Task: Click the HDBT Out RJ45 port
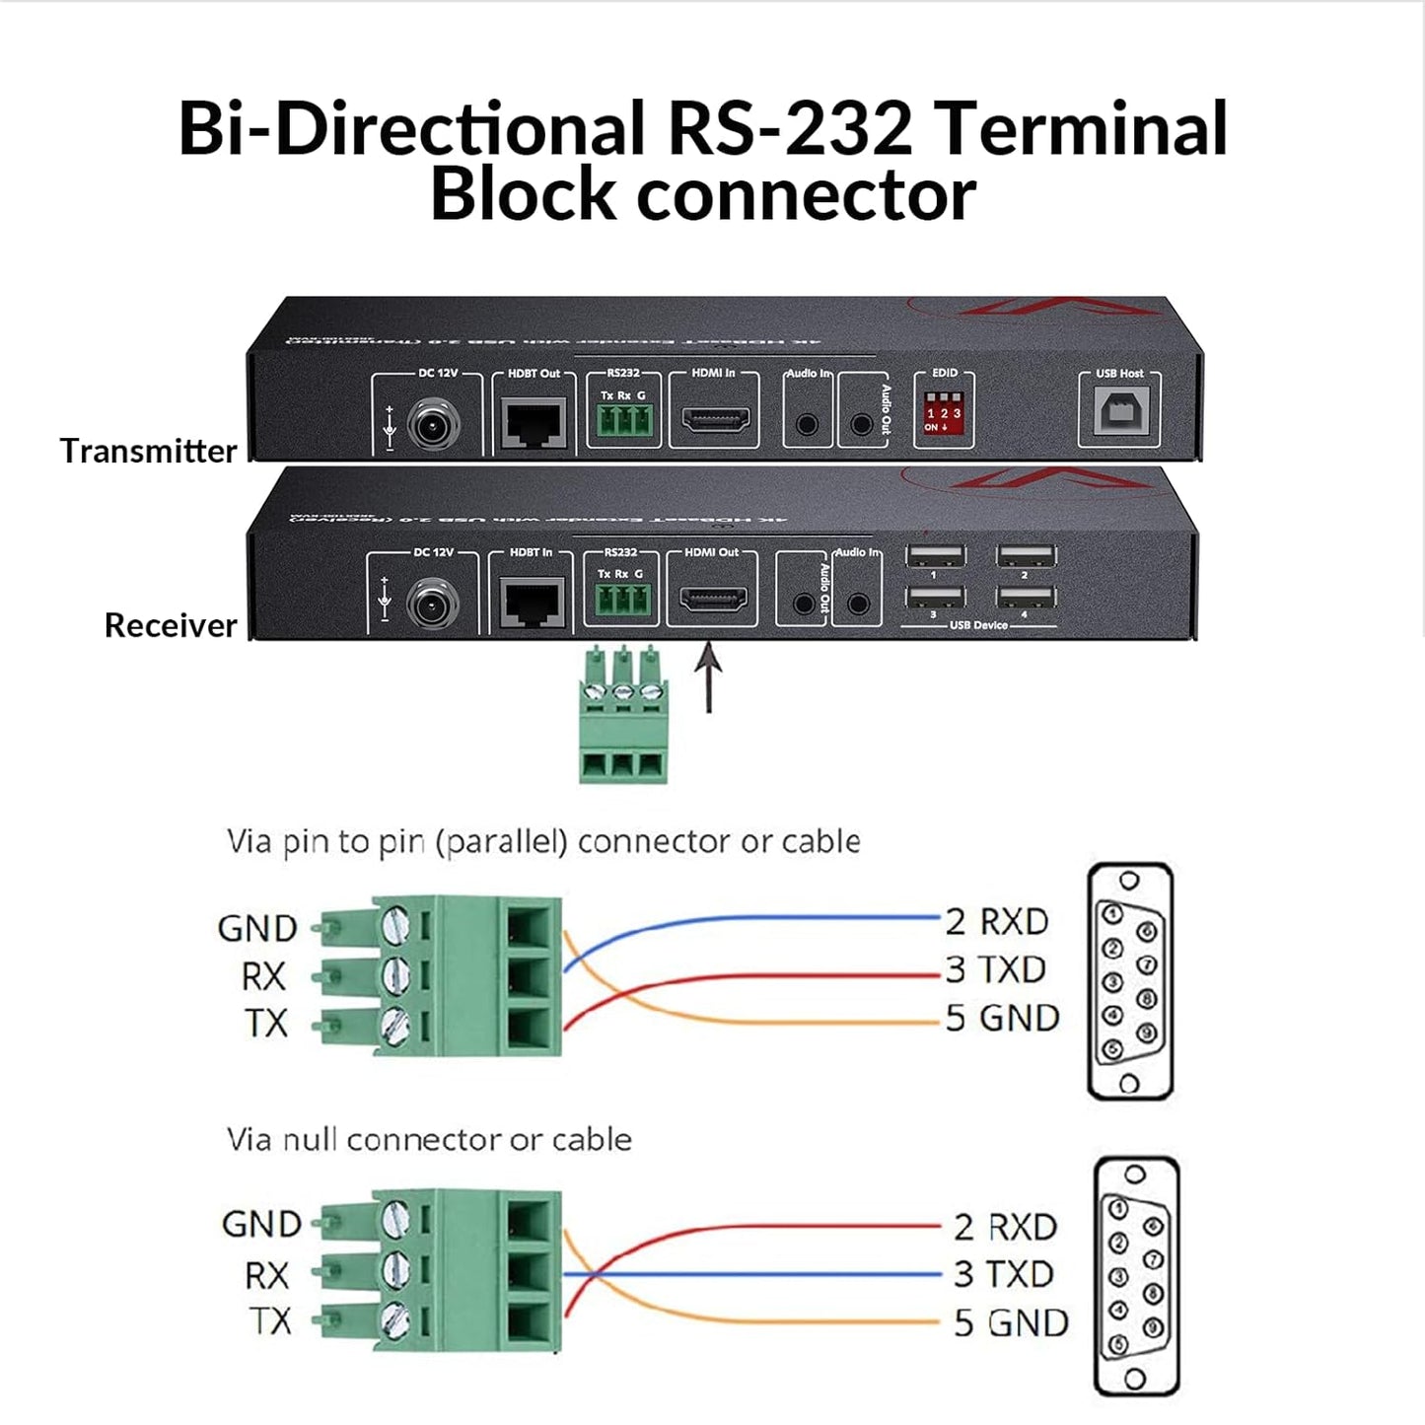tap(534, 422)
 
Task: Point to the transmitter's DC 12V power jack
tap(434, 426)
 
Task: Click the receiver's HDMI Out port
tap(713, 600)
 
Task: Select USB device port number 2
tap(1026, 555)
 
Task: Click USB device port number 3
tap(935, 597)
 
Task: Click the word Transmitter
tap(148, 451)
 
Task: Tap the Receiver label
tap(171, 625)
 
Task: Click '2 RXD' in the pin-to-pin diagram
tap(996, 921)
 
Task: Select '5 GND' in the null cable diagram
tap(1010, 1322)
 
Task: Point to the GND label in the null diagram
tap(261, 1224)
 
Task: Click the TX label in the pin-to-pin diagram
tap(266, 1023)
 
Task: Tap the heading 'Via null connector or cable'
tap(429, 1139)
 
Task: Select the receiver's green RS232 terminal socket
tap(621, 599)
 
